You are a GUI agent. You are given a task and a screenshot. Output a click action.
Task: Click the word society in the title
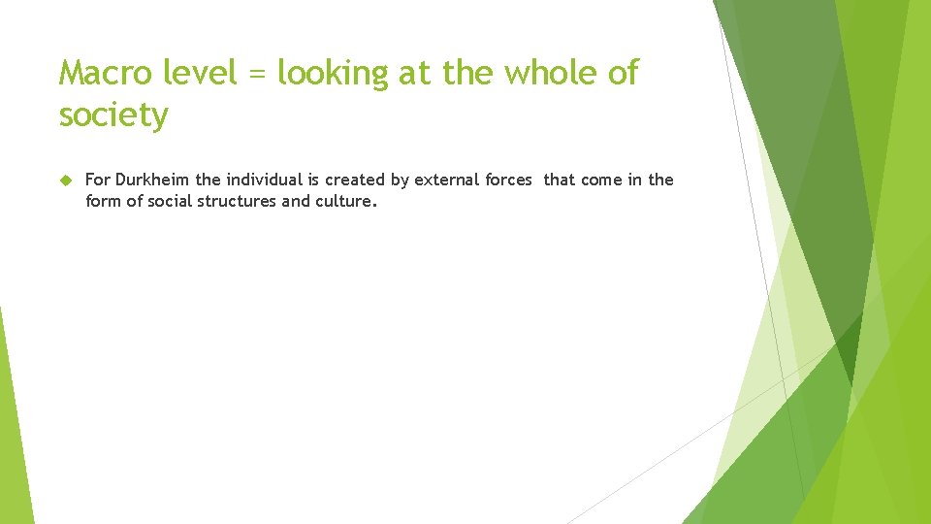point(113,115)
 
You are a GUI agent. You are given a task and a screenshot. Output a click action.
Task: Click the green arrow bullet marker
point(66,180)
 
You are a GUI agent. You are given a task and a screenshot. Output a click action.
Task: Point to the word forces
point(506,180)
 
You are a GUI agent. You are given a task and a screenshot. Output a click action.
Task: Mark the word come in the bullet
point(601,180)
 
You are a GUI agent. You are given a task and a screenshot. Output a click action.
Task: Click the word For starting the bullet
point(97,180)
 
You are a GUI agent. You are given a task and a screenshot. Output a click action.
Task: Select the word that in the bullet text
point(560,180)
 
